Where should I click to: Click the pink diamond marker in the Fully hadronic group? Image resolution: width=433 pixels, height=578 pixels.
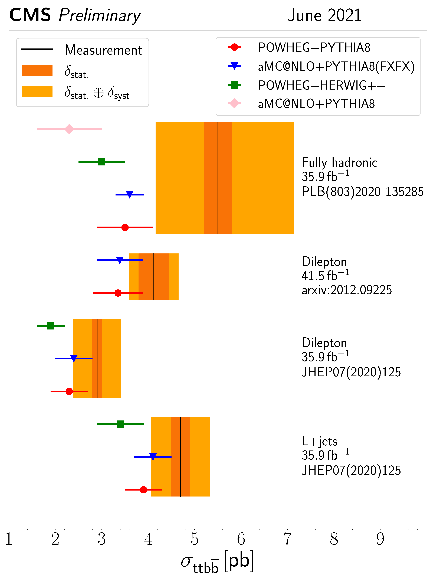(69, 129)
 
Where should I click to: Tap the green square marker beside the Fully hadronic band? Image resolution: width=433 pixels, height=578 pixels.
(102, 162)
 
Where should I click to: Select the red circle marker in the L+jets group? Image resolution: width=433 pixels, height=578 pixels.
(143, 490)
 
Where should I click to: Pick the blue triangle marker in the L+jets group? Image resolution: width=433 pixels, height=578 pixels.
(153, 456)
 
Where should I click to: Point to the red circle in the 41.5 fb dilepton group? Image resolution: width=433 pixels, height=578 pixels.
(118, 293)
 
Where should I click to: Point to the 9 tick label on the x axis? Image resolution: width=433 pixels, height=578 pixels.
(380, 539)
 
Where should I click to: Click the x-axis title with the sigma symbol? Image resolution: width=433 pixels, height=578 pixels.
(217, 562)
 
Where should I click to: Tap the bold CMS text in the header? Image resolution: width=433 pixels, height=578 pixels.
(30, 15)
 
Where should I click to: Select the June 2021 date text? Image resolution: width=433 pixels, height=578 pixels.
(324, 15)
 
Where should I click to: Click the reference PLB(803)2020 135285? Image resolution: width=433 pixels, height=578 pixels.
(362, 192)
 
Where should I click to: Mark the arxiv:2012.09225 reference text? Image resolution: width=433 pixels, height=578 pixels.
(346, 290)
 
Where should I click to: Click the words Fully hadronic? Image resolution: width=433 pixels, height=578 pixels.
(339, 162)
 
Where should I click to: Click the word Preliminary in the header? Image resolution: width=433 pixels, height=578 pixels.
(100, 16)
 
